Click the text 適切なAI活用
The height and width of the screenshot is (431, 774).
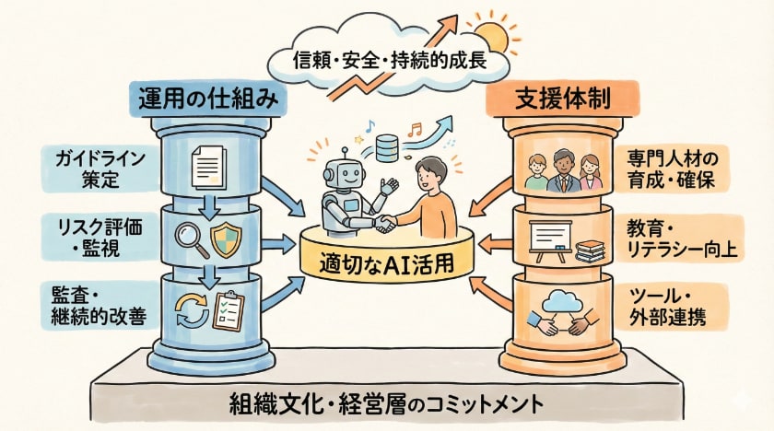[x=387, y=261]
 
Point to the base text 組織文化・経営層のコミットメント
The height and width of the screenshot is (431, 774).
[x=386, y=403]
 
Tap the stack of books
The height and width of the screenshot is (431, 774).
[x=589, y=249]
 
